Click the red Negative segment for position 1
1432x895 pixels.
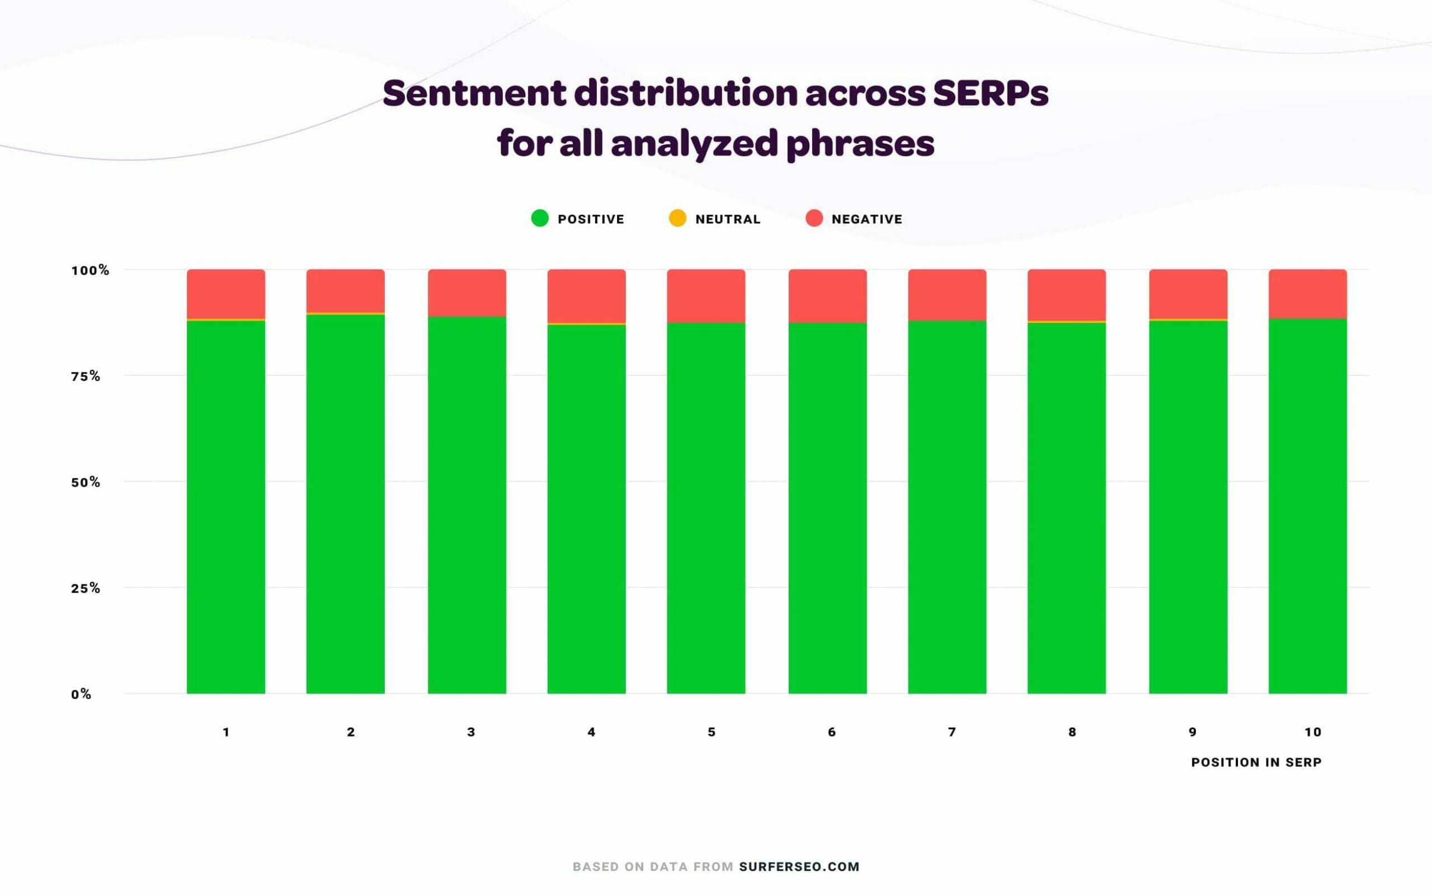tap(226, 294)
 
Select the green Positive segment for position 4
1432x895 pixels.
tap(586, 509)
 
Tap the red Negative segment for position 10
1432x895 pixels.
tap(1308, 294)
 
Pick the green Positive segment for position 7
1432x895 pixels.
tap(948, 507)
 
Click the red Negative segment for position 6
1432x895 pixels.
tap(828, 296)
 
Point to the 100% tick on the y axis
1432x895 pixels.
tap(91, 271)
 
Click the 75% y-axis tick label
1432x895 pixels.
tap(86, 376)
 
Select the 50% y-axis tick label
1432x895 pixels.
tap(86, 482)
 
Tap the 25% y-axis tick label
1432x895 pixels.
tap(86, 588)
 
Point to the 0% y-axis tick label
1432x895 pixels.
tap(81, 694)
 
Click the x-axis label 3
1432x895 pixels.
tap(471, 732)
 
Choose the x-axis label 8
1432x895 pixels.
tap(1072, 732)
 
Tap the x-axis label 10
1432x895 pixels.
tap(1313, 732)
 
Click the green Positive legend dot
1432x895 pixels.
tap(540, 218)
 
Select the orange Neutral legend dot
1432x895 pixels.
tap(677, 218)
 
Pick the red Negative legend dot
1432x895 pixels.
tap(814, 218)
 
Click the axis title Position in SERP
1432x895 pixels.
tap(1256, 762)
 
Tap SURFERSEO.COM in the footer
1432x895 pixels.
tap(799, 866)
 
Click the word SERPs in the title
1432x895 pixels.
tap(991, 93)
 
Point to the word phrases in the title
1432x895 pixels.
tap(860, 144)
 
